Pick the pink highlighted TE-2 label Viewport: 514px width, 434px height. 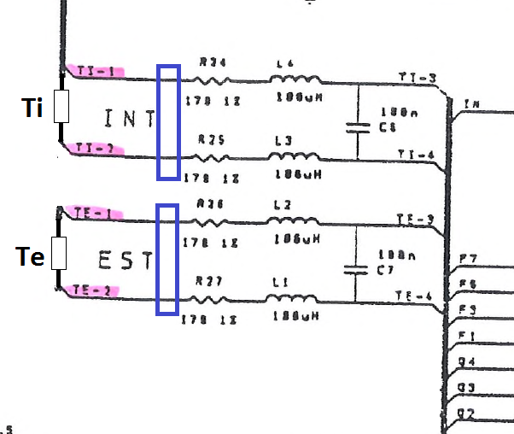(93, 291)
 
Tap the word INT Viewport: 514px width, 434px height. (127, 119)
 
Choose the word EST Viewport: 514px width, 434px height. (125, 260)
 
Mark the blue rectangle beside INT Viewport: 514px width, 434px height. (168, 122)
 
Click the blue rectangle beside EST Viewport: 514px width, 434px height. (167, 259)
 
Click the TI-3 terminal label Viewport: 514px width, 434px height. (418, 78)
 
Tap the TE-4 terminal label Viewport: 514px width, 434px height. (416, 296)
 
